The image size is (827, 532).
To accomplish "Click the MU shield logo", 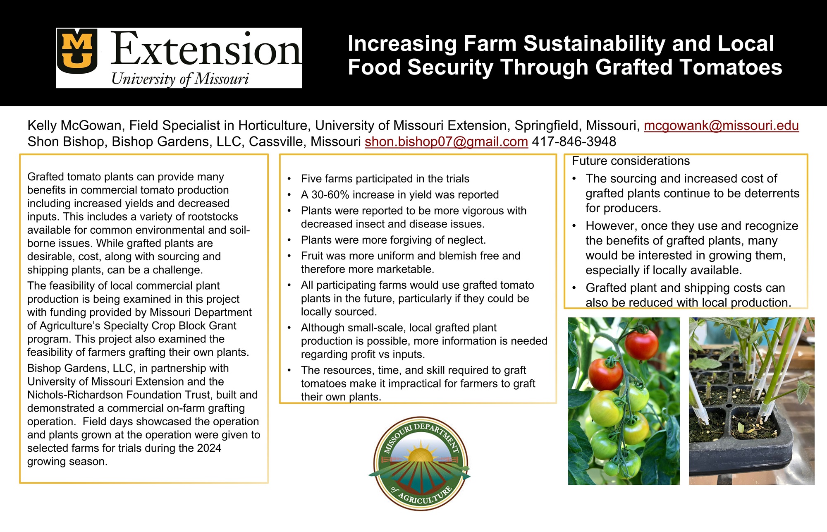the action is (x=77, y=51).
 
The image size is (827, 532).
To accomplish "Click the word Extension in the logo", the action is (x=206, y=49).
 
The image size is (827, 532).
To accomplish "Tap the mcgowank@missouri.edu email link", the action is (x=721, y=125).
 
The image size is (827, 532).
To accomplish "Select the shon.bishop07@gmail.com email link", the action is (x=446, y=141).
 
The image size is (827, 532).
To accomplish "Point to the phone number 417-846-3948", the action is (x=574, y=141).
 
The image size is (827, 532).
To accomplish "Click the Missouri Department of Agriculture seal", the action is (x=420, y=463).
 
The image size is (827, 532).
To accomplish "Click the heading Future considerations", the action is (x=631, y=161).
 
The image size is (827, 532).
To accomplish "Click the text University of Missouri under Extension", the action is (x=180, y=79).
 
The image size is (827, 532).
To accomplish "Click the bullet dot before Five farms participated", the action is (x=289, y=179).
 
